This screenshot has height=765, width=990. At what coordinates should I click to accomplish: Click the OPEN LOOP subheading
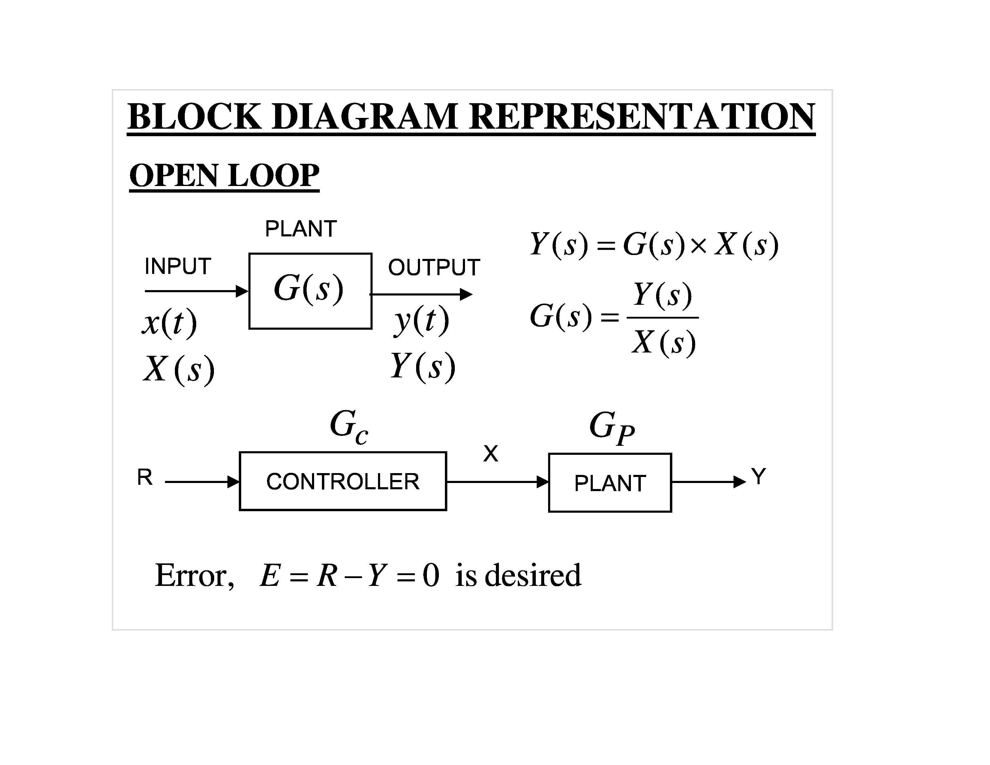[x=224, y=175]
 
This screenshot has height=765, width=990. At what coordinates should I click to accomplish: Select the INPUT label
[x=178, y=266]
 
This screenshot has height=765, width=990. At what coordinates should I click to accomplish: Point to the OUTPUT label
[x=434, y=267]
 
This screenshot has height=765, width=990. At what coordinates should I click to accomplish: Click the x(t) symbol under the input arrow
[x=169, y=323]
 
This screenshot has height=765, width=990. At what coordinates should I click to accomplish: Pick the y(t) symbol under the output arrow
[x=421, y=320]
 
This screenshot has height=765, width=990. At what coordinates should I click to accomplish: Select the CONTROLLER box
[x=343, y=481]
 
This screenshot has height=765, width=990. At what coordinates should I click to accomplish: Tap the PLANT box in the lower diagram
[x=610, y=483]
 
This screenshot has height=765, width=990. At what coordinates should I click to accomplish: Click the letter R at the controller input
[x=145, y=477]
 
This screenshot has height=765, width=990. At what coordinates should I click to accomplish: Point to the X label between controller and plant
[x=490, y=453]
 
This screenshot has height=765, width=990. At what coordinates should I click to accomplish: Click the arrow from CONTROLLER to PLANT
[x=497, y=482]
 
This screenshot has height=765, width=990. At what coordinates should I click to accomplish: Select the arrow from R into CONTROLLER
[x=202, y=482]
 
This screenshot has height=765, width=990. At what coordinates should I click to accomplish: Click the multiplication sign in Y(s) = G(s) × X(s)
[x=698, y=245]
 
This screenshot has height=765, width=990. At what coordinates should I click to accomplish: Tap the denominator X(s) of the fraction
[x=664, y=342]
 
